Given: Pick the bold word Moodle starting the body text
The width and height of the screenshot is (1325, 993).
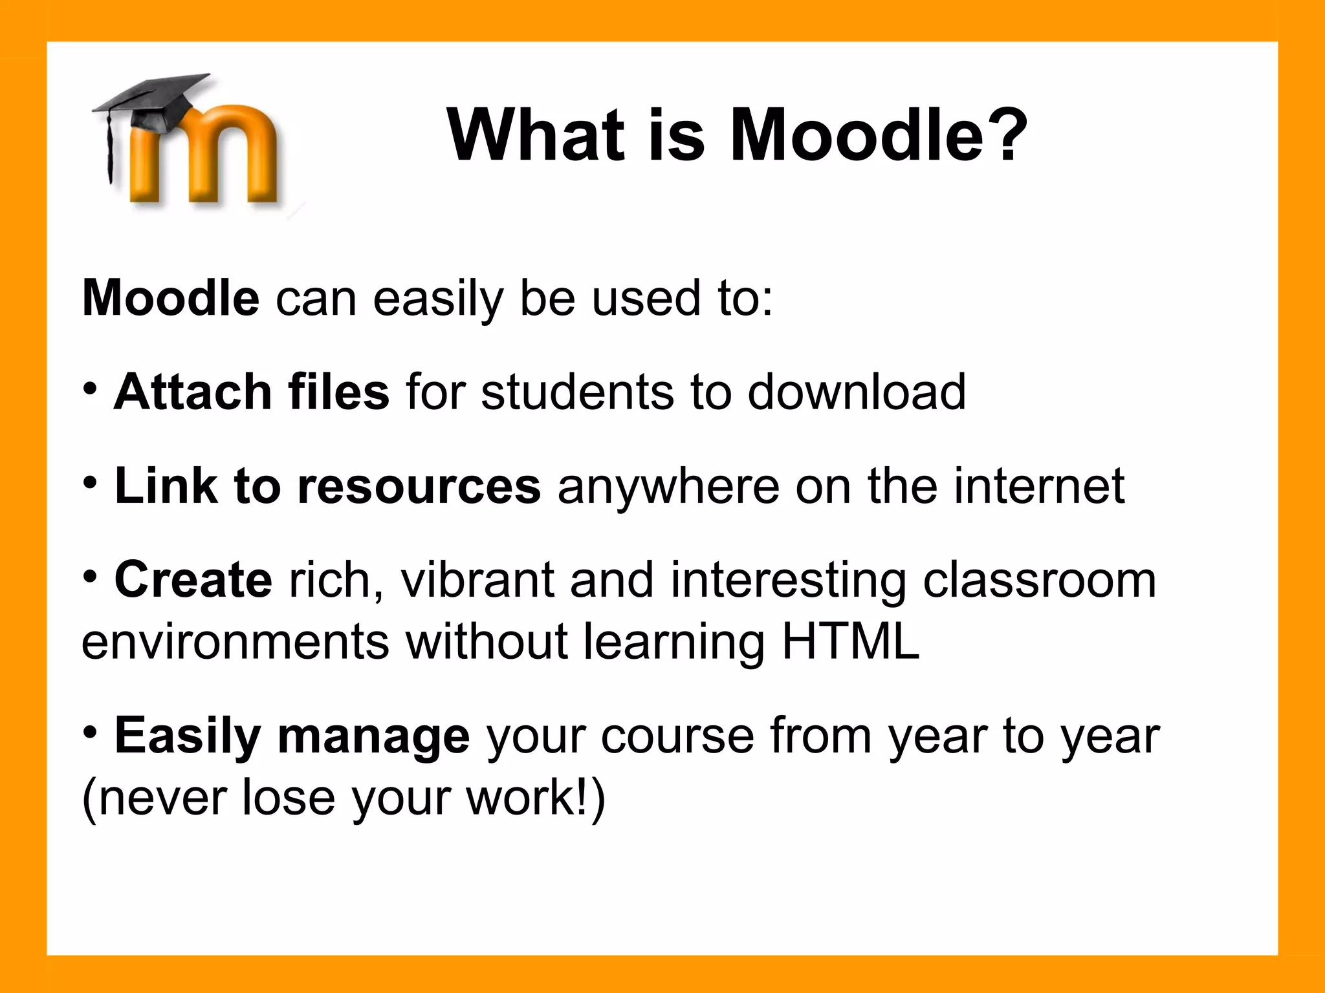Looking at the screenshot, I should tap(171, 299).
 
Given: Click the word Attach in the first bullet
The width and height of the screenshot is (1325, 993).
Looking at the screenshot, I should tap(192, 392).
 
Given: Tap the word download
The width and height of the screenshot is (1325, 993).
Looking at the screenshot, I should tap(857, 392).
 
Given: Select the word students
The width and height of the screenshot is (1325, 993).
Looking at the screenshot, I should tap(577, 392).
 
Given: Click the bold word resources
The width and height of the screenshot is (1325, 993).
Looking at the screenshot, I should tap(419, 486).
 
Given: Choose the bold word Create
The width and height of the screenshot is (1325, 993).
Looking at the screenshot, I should tap(193, 580).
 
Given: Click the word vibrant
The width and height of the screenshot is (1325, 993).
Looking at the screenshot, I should tap(477, 580).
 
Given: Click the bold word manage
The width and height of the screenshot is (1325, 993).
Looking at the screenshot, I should tap(373, 737).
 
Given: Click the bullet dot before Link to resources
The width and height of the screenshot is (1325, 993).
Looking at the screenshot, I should tap(91, 482).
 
